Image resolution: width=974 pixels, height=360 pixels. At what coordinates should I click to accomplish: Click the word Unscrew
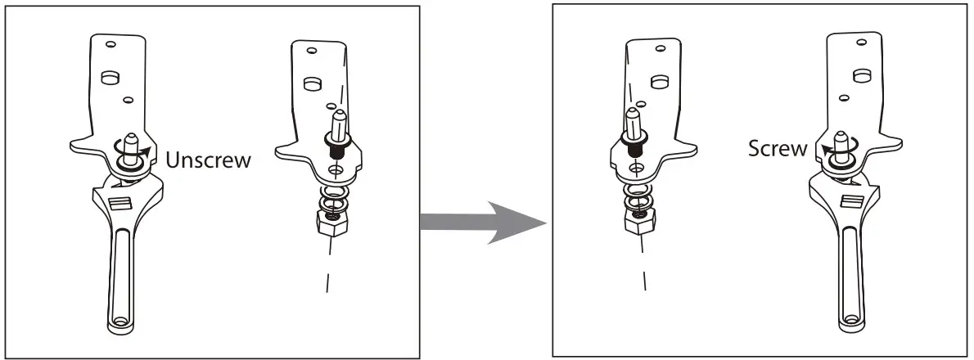[208, 160]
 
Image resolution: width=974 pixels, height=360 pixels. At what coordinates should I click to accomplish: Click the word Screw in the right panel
[777, 150]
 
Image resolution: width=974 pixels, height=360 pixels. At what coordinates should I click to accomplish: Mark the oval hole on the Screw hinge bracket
[859, 75]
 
